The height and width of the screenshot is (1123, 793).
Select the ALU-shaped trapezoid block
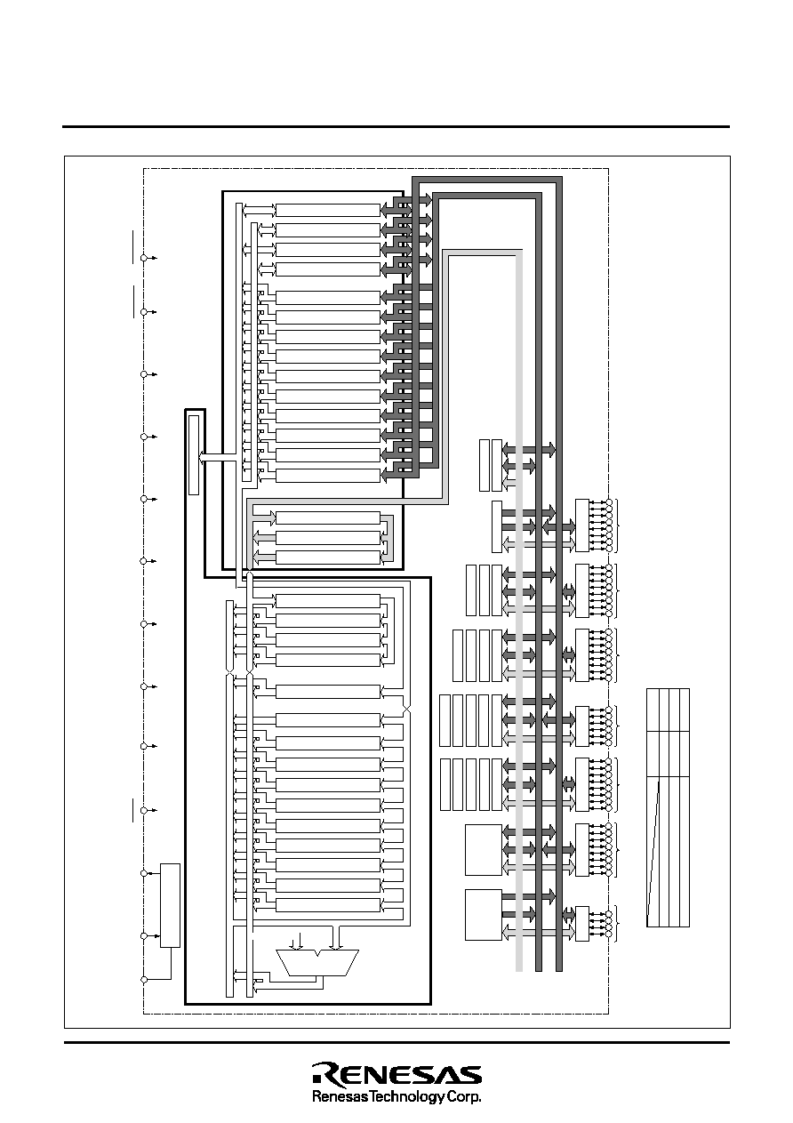317,962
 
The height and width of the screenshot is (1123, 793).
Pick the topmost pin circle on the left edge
143,258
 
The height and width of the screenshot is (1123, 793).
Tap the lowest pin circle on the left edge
144,979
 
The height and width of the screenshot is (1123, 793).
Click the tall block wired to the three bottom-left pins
170,905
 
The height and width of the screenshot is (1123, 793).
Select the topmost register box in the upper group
328,210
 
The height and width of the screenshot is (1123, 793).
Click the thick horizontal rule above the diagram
396,127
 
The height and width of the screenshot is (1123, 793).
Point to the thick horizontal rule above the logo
396,1043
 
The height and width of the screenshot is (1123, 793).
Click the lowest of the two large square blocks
484,915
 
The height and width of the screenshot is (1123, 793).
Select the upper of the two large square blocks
484,850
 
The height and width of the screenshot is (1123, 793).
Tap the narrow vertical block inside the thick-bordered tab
194,455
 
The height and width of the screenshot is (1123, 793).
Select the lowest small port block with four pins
582,924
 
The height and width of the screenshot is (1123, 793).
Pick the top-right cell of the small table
685,710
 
